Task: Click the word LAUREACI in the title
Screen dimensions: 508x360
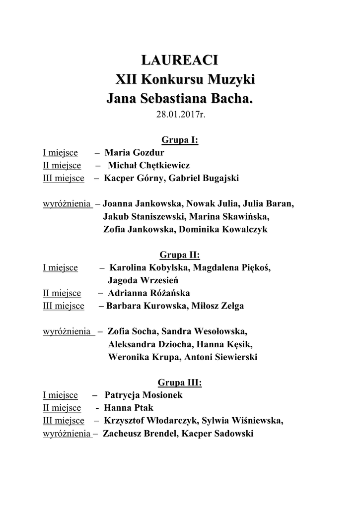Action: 180,61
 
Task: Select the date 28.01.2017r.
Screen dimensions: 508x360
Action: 180,115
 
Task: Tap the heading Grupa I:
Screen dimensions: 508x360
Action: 180,140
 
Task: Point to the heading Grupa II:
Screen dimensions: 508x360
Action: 180,255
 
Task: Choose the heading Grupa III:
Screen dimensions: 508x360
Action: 180,382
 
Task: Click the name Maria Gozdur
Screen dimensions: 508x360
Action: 135,153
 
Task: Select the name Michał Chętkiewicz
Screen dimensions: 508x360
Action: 148,165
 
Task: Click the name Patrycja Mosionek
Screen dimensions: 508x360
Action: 144,395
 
